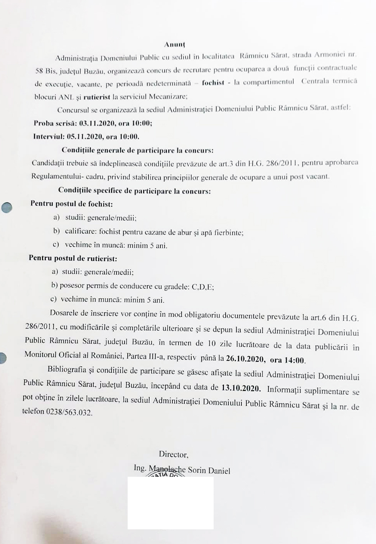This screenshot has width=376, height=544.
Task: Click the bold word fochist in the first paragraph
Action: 213,83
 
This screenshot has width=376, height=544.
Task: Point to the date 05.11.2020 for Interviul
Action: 84,136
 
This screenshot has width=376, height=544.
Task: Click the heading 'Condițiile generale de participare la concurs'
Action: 137,150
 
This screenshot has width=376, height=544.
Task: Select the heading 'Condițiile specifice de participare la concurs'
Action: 134,191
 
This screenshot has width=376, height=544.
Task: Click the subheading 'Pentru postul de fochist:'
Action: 71,204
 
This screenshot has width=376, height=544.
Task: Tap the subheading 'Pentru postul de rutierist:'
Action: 73,258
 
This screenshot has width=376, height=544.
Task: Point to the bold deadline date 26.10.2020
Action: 245,359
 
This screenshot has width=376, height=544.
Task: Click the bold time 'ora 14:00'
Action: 288,360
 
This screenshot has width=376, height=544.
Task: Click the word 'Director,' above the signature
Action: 174,455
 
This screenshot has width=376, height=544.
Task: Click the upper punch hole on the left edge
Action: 7,207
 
